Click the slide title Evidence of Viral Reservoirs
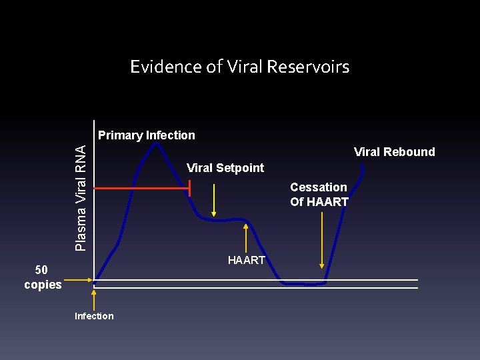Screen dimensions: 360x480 point(239,67)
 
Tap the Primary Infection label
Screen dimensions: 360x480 point(147,135)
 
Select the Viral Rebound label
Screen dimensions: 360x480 point(394,152)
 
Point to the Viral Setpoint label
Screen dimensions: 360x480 point(225,168)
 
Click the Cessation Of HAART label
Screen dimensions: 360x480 point(319,194)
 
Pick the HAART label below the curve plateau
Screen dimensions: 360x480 point(247,260)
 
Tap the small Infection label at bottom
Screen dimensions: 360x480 point(94,316)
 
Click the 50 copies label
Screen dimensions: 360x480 point(43,277)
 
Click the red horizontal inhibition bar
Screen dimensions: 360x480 point(142,189)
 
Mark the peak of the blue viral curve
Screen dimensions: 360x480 point(155,143)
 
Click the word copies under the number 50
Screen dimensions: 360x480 point(43,285)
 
